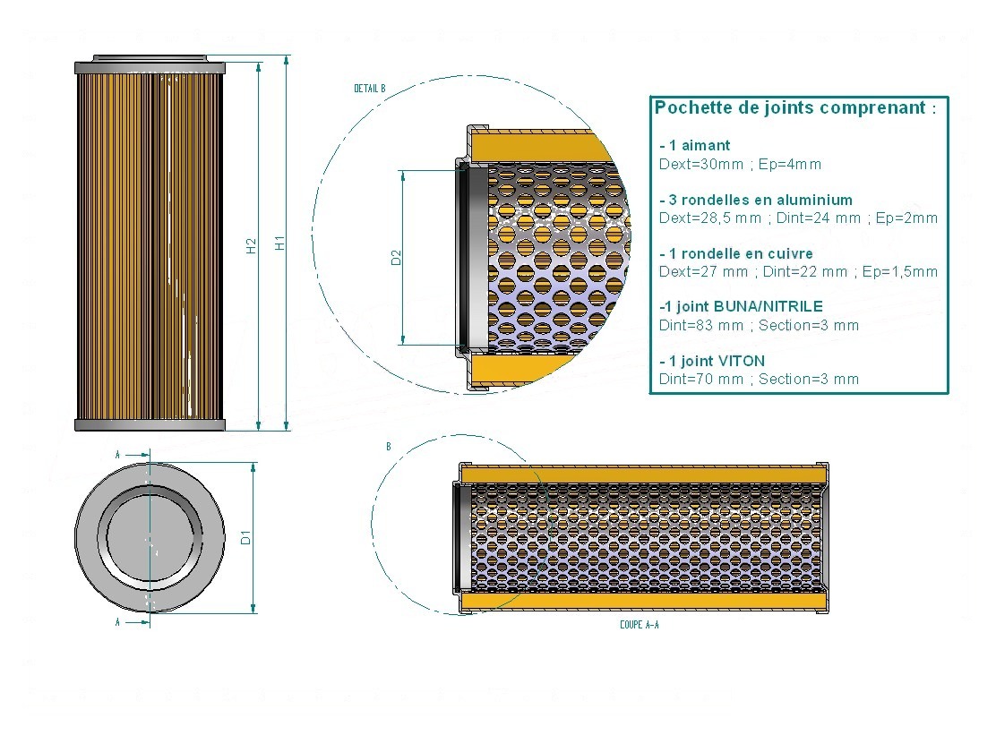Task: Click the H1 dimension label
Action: coord(279,243)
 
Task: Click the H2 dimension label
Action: coord(252,245)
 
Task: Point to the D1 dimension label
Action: coord(245,537)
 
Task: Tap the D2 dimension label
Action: coord(397,258)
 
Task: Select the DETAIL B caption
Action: coord(370,89)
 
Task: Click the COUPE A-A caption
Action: coord(639,625)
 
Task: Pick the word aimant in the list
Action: coord(705,145)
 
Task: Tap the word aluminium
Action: coord(814,200)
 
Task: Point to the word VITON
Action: coord(741,361)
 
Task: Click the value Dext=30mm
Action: coord(701,165)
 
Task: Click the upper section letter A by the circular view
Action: coord(117,455)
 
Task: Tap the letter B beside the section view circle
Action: coord(388,447)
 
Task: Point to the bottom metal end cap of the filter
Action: coord(150,424)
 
